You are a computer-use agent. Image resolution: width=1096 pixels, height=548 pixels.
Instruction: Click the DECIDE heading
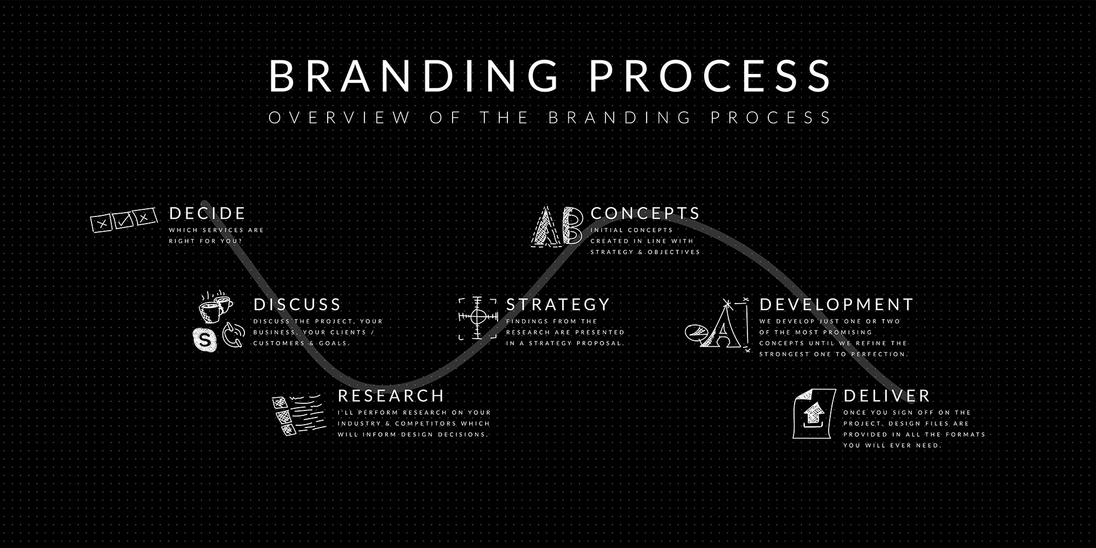point(207,213)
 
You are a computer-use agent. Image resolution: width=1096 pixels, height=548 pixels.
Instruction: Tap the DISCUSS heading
point(297,305)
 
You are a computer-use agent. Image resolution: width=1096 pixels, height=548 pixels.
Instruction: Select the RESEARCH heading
point(391,396)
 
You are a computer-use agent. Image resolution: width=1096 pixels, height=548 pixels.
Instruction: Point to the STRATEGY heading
point(557,305)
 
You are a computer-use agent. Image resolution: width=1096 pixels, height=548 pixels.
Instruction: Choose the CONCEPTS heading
point(645,213)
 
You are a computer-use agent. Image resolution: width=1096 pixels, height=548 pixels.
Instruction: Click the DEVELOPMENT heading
point(836,305)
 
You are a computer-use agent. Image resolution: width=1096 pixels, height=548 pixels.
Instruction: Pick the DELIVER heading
point(887,396)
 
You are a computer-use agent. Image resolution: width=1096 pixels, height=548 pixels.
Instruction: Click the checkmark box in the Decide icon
point(122,221)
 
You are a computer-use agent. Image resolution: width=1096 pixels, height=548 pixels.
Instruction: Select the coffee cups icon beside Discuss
point(215,307)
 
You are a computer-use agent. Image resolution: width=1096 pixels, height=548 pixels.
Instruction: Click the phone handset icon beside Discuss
point(233,335)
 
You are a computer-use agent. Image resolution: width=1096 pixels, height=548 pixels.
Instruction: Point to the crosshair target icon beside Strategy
point(477,317)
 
